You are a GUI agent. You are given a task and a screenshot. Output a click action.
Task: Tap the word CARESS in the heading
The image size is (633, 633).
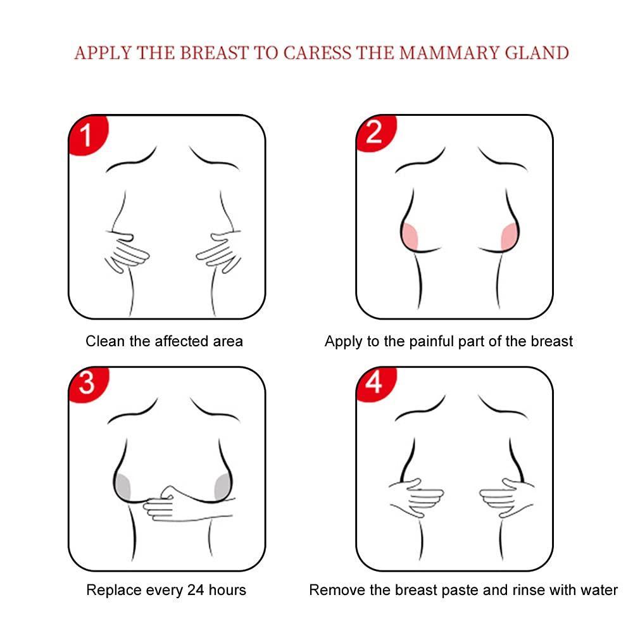317,53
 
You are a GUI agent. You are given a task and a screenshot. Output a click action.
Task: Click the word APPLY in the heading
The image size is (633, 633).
103,53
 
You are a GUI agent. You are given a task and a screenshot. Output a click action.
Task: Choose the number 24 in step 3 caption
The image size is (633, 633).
196,590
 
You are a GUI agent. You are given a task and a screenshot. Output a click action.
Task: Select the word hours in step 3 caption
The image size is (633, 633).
227,590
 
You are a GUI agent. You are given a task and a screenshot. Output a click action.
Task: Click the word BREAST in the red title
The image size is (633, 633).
214,53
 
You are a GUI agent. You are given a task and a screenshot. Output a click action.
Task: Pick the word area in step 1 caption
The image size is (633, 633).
228,342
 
